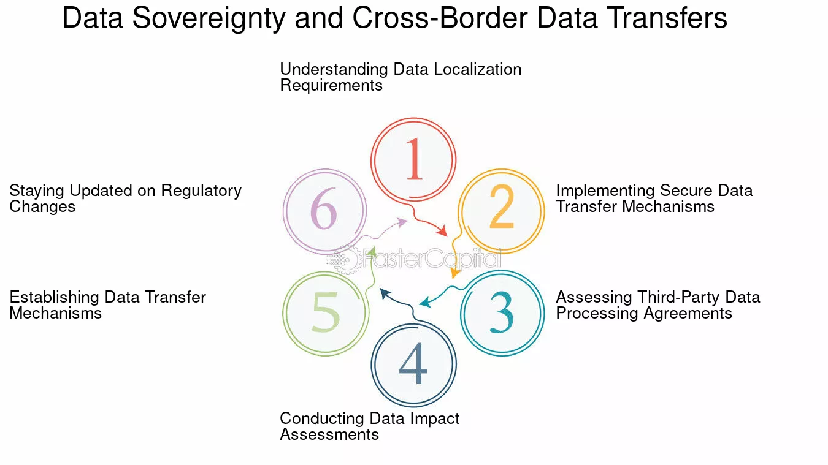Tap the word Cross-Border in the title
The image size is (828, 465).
click(x=440, y=18)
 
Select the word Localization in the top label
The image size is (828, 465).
click(x=477, y=69)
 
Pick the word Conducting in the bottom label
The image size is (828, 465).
click(x=321, y=418)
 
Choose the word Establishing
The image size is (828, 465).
click(x=55, y=298)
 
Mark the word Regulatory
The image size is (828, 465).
click(x=201, y=191)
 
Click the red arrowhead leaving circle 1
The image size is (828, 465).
click(x=442, y=230)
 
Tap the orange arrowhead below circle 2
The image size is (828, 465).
click(x=455, y=273)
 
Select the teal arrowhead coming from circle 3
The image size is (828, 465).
click(x=426, y=302)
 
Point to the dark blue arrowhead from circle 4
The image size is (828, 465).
click(x=385, y=293)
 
